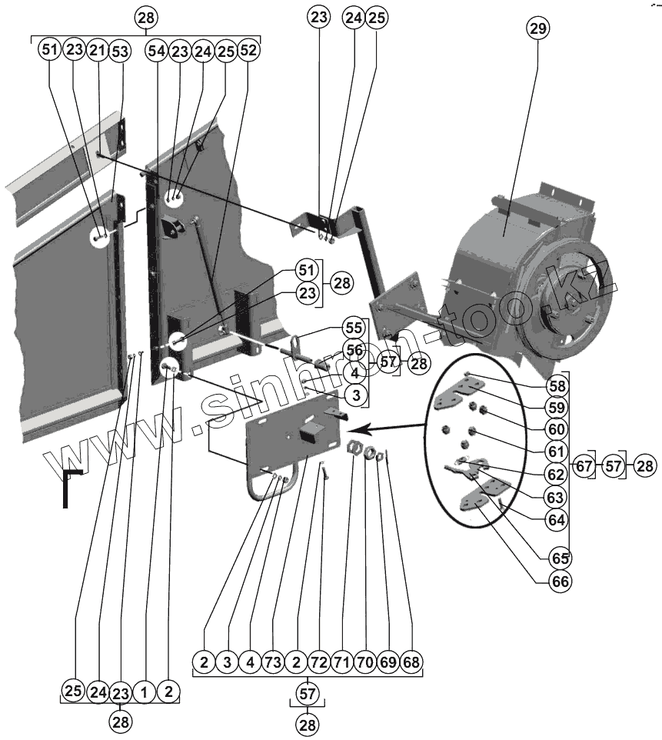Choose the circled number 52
(248, 51)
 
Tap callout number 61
(560, 451)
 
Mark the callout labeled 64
(560, 520)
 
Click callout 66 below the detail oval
(560, 582)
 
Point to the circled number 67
(584, 467)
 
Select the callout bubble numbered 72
(319, 662)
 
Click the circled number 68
(411, 662)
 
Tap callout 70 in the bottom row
(365, 662)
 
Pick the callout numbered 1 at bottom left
(143, 692)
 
